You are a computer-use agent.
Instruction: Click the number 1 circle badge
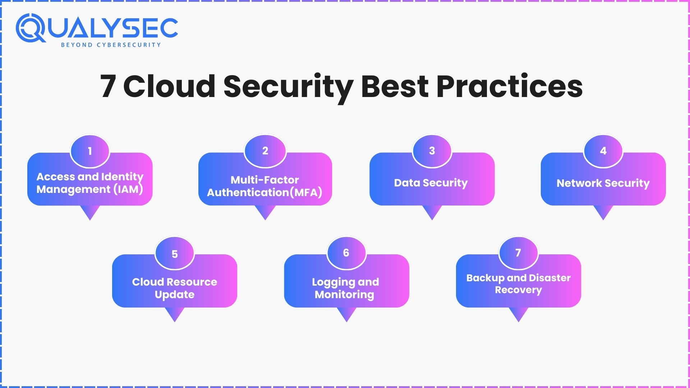[90, 151]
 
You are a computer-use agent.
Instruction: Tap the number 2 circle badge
[265, 151]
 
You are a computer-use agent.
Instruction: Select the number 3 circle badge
[432, 151]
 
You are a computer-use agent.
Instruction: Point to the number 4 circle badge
[603, 151]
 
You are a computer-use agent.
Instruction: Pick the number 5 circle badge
[175, 254]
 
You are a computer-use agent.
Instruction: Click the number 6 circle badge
[346, 253]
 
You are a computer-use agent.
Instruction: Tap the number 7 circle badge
[518, 253]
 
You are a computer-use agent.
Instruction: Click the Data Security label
[431, 183]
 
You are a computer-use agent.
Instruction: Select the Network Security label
[603, 183]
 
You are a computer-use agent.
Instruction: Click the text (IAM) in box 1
[128, 189]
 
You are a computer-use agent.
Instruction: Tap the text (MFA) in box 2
[305, 193]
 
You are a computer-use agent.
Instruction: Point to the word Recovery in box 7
[518, 290]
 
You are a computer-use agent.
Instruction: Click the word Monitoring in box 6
[344, 295]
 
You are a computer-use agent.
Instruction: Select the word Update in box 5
[175, 295]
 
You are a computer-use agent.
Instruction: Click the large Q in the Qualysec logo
[30, 28]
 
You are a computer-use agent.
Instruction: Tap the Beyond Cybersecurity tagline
[111, 45]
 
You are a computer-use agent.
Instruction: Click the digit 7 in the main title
[108, 86]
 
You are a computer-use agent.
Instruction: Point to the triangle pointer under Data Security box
[432, 212]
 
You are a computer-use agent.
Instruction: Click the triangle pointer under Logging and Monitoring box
[346, 314]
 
